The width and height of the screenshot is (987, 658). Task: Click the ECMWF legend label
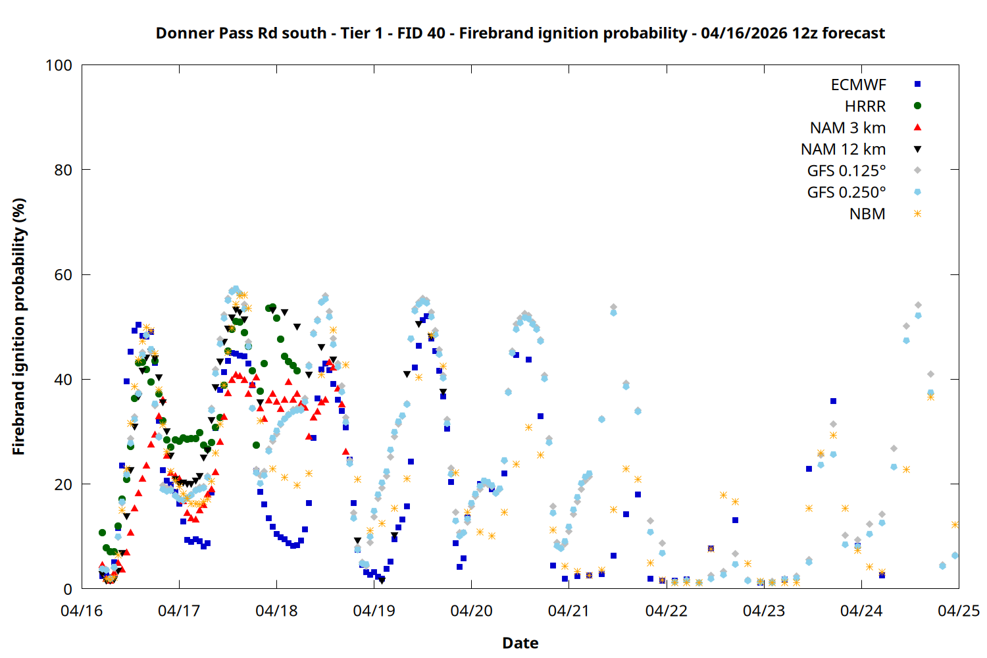coord(858,85)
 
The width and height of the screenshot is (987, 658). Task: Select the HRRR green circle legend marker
coord(917,106)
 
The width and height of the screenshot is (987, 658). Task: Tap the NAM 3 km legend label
coord(848,128)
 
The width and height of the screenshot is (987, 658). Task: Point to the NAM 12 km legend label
coord(843,149)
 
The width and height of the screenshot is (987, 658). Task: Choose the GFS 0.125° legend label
coord(846,171)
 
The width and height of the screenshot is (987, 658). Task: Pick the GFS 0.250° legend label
coord(846,192)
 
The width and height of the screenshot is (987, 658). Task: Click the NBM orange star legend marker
coord(917,214)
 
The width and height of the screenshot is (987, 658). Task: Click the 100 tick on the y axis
coord(59,65)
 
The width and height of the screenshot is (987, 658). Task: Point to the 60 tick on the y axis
coord(63,275)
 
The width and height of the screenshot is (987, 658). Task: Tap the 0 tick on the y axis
coord(68,589)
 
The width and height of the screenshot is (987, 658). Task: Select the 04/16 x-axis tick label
coord(82,611)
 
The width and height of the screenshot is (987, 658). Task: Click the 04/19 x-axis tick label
coord(374,611)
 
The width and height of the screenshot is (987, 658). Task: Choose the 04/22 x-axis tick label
coord(666,611)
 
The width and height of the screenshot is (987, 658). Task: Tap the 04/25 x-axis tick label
coord(958,611)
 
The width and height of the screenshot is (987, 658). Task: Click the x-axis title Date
coord(520,643)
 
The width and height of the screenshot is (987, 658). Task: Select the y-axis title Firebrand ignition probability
coord(18,327)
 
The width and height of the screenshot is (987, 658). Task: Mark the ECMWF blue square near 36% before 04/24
coord(833,401)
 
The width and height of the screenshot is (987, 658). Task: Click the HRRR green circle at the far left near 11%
coord(102,532)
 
